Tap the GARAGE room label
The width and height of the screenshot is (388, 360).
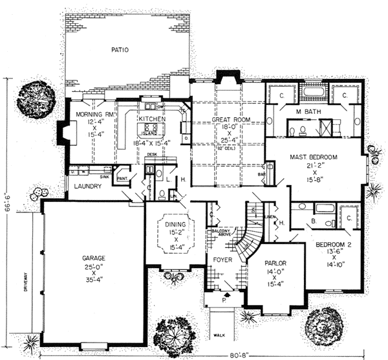[x=94, y=258]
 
